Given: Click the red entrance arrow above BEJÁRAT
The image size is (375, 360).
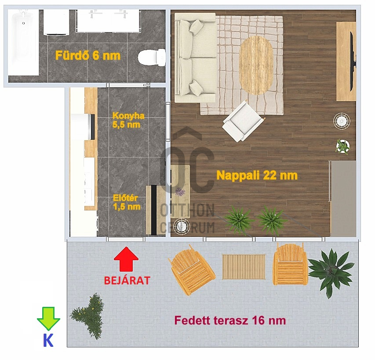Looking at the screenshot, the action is click(x=126, y=259).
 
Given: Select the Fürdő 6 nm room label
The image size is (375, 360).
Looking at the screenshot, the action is click(x=88, y=55).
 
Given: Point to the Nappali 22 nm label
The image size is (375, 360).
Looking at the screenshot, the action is click(x=257, y=175).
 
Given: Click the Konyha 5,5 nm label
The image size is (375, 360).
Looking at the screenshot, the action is click(x=128, y=120).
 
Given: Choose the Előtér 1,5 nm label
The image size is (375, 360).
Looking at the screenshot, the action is click(x=127, y=202).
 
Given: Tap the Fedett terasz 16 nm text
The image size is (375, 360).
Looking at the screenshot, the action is click(x=230, y=320).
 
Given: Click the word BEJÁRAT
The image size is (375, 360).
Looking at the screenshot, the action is click(x=127, y=280).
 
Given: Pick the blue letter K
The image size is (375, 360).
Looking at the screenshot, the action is click(x=48, y=340).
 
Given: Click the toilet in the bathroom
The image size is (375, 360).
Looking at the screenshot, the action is click(x=152, y=58).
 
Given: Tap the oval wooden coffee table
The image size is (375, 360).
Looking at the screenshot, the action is click(x=256, y=65).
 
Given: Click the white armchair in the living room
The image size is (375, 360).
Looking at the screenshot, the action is click(x=243, y=121).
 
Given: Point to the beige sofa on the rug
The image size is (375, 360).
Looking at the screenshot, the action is click(x=195, y=58).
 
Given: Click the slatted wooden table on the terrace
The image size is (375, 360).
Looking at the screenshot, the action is click(x=244, y=267).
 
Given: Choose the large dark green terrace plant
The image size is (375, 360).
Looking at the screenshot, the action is click(x=331, y=273).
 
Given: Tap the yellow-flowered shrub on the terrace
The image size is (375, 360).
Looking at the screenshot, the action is click(x=88, y=316).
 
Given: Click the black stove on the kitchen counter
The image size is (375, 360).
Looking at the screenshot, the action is click(x=92, y=127).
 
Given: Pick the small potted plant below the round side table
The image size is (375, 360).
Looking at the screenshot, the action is click(x=343, y=146).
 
